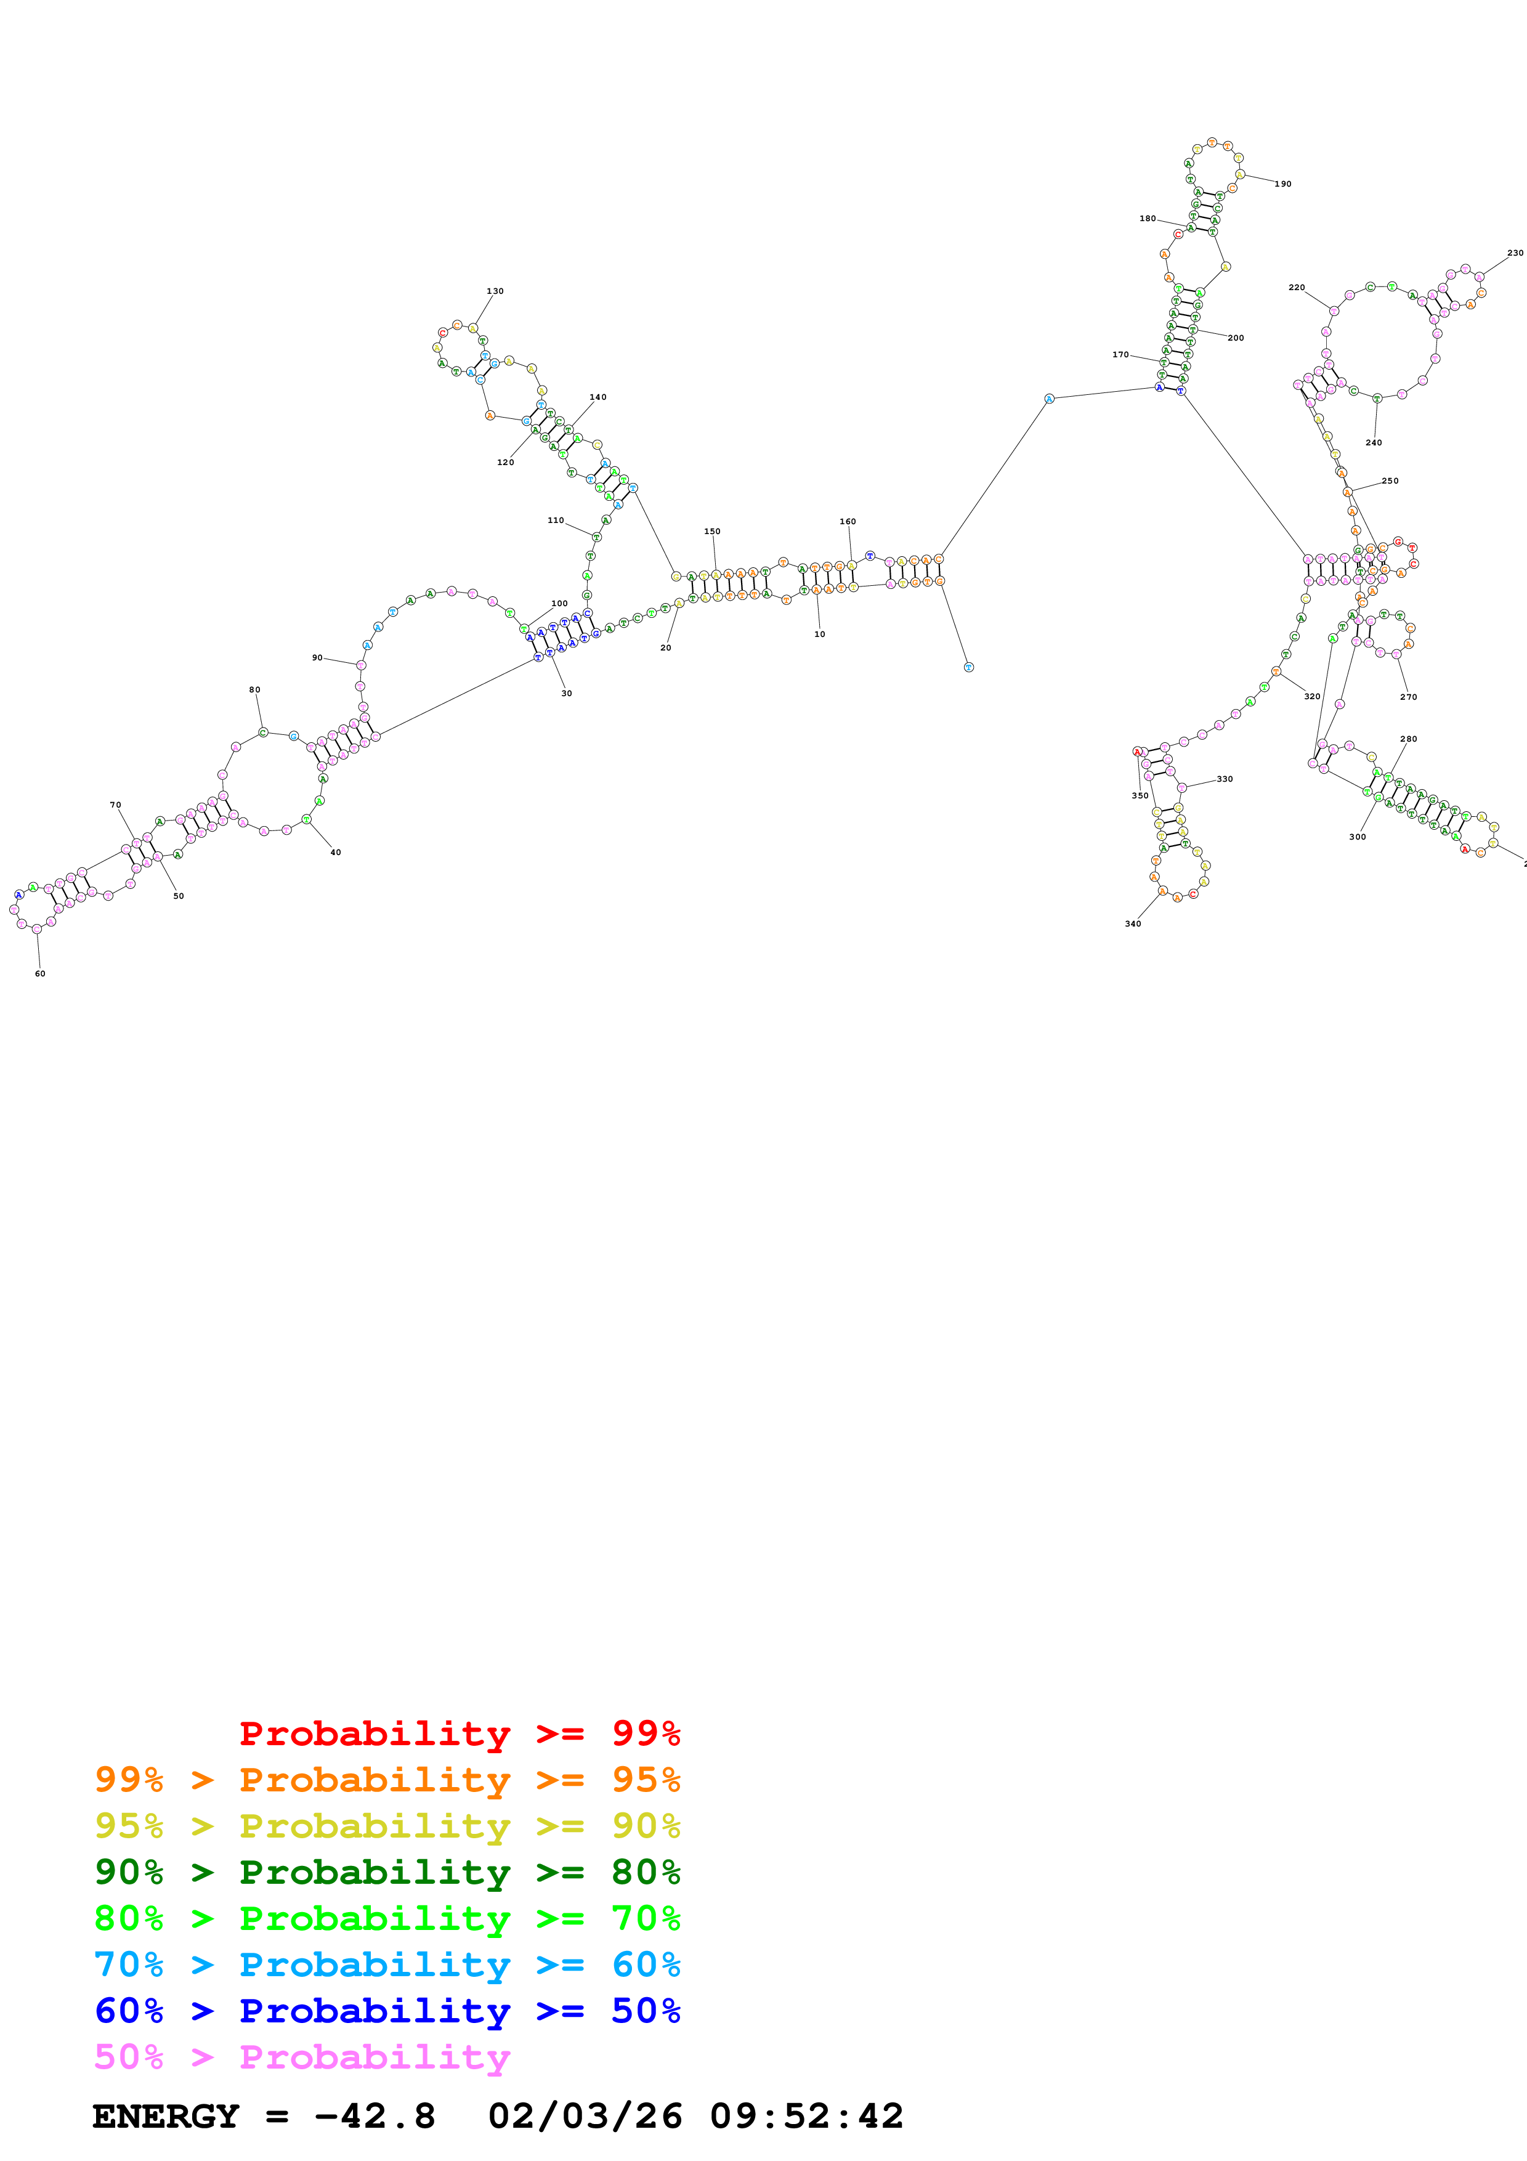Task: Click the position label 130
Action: click(x=495, y=291)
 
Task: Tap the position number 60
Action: click(x=39, y=973)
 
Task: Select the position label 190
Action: click(x=1282, y=184)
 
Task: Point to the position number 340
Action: click(x=1133, y=923)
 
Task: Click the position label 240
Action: click(x=1374, y=442)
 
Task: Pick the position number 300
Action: click(x=1357, y=837)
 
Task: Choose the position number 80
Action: click(x=254, y=690)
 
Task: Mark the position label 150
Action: click(x=712, y=532)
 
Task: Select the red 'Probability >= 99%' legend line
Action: click(x=459, y=1733)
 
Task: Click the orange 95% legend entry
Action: click(x=387, y=1780)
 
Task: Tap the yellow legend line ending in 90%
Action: click(x=387, y=1826)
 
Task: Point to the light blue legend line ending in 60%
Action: click(x=387, y=1964)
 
